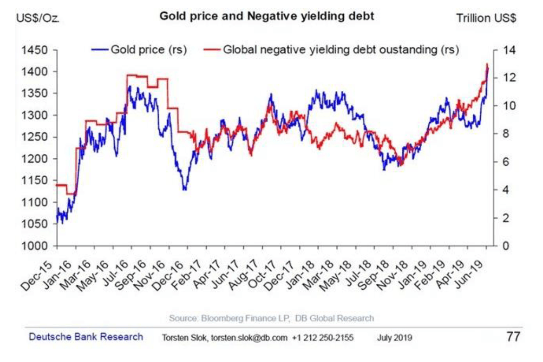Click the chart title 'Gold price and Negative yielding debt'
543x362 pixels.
pos(267,17)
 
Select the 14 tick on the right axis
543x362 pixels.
pos(507,50)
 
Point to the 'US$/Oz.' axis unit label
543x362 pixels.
pos(38,19)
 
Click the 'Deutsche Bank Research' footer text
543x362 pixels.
pos(86,336)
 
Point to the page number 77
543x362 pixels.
pos(513,336)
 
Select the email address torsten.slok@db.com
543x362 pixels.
pos(249,338)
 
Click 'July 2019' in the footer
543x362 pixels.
pos(394,338)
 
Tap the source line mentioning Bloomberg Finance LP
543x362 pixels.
pos(271,318)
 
